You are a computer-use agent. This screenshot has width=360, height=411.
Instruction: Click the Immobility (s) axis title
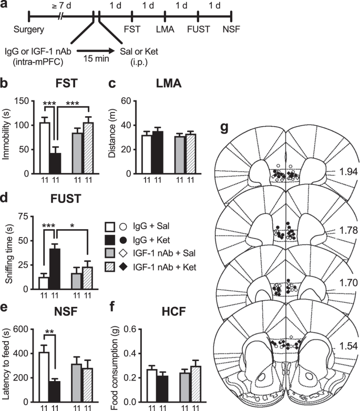[7, 138]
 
